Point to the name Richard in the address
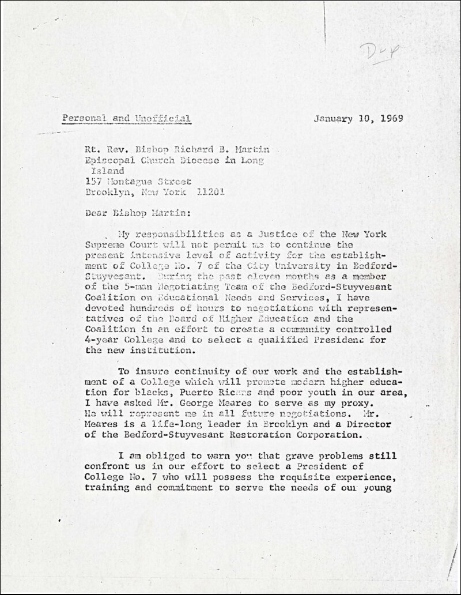pyautogui.click(x=173, y=150)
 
